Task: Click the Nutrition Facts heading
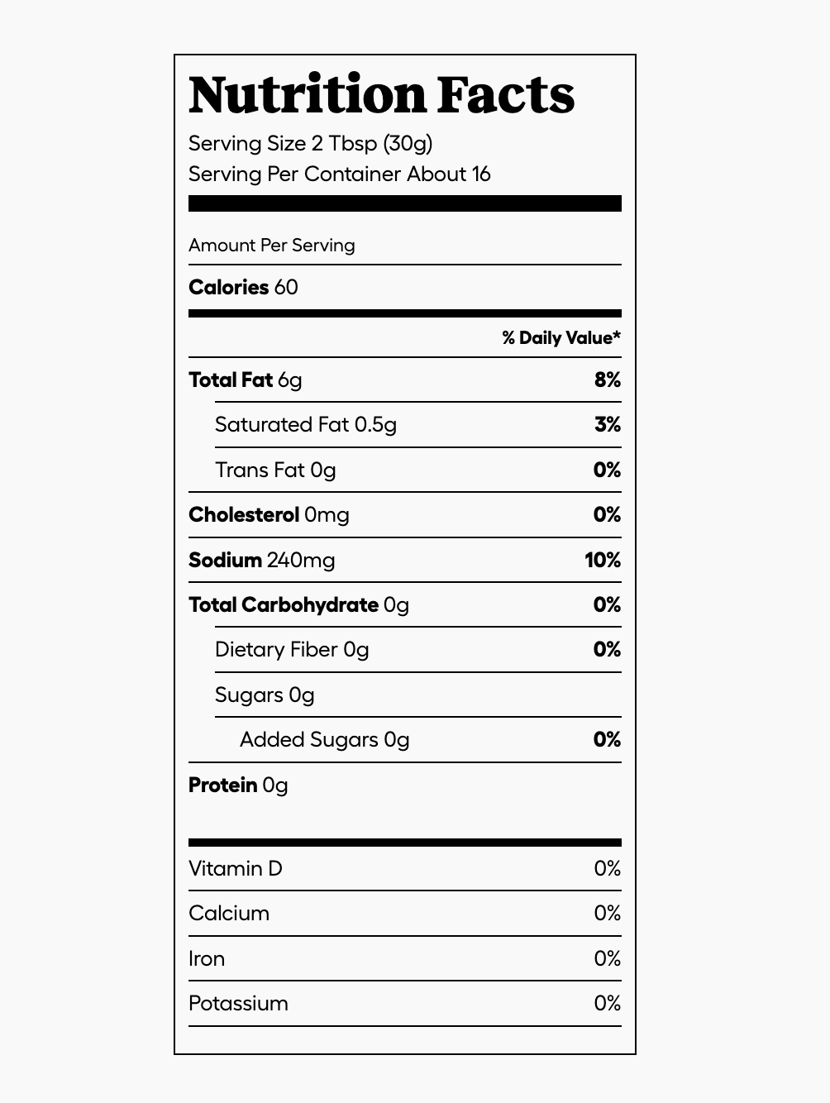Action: (x=381, y=95)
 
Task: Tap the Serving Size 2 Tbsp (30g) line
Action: (x=310, y=144)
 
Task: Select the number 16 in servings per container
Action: (x=481, y=174)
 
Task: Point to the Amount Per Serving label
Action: (x=271, y=246)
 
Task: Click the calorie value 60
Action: (x=286, y=288)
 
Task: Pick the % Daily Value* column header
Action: (x=560, y=337)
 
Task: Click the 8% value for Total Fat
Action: (x=607, y=380)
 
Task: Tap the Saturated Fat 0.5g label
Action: (x=305, y=425)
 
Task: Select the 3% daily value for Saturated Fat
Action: (x=607, y=425)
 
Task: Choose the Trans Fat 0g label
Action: (x=274, y=470)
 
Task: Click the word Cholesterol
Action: (x=243, y=515)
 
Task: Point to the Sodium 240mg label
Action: (x=261, y=561)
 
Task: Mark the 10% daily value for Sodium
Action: (x=602, y=561)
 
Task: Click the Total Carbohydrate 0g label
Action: (x=298, y=605)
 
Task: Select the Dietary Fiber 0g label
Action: (x=291, y=650)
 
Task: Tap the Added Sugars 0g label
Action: (x=324, y=740)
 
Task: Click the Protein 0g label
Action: (x=238, y=785)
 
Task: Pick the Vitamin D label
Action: (x=235, y=869)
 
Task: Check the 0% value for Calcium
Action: (x=607, y=914)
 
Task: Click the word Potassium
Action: (x=238, y=1004)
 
